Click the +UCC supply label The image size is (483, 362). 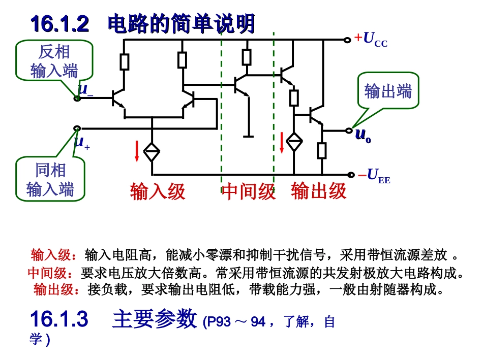[x=371, y=40]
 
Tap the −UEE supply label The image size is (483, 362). [x=374, y=176]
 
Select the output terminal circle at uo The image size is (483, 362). [x=349, y=130]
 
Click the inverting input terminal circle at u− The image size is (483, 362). [x=77, y=98]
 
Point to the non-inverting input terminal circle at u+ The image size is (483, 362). [x=77, y=128]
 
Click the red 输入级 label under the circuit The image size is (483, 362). [x=158, y=191]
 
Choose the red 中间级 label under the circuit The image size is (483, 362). [x=248, y=191]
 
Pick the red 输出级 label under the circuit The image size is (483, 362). [x=319, y=191]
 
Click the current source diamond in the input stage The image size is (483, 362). [x=152, y=151]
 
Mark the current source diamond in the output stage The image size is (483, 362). [x=294, y=142]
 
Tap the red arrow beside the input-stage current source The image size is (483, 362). [x=137, y=151]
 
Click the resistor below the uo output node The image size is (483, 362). [x=322, y=151]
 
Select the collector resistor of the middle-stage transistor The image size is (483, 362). [x=247, y=57]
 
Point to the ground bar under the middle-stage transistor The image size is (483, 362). [x=248, y=136]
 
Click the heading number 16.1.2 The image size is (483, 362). [x=60, y=24]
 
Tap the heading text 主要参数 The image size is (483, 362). [x=155, y=319]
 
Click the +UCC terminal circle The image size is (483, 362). [x=347, y=40]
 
